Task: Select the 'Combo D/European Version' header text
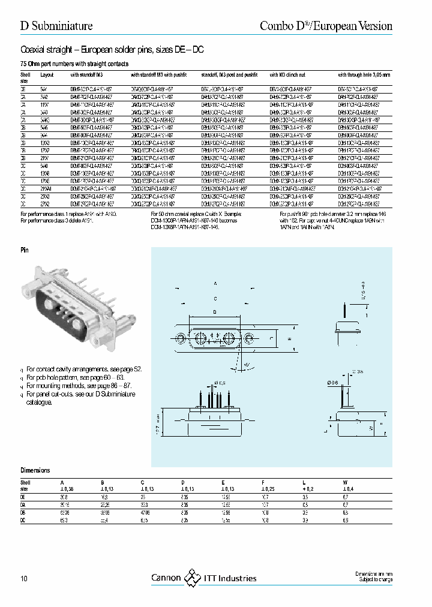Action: (x=325, y=26)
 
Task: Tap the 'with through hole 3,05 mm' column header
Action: (x=364, y=75)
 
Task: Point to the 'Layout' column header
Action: (x=47, y=75)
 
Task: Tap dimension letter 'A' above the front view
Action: (x=214, y=282)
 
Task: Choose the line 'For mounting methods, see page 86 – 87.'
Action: (x=79, y=386)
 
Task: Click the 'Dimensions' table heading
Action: (x=35, y=471)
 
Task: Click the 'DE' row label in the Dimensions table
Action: (x=23, y=497)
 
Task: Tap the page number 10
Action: (x=24, y=578)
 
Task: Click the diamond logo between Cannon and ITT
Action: (x=192, y=578)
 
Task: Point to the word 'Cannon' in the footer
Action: (x=166, y=578)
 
